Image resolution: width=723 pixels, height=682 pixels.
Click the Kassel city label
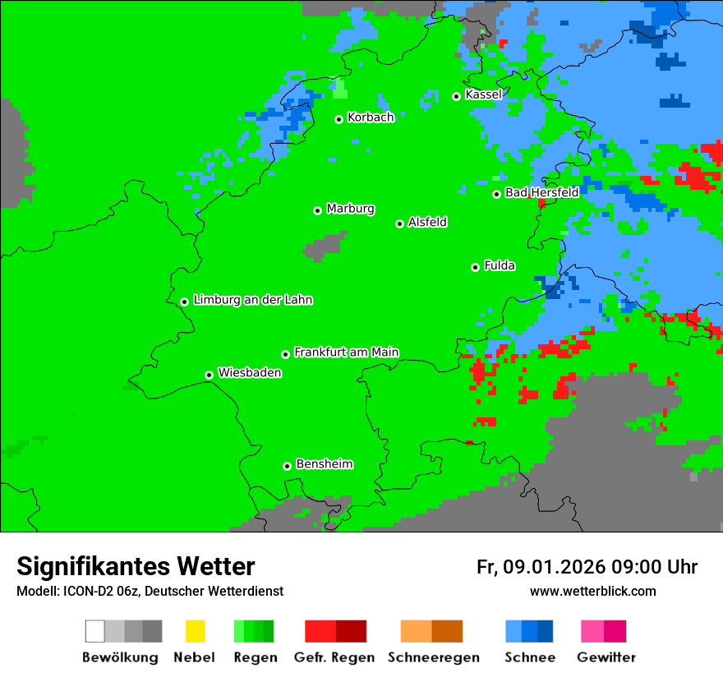483,94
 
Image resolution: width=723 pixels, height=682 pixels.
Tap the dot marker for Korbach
338,119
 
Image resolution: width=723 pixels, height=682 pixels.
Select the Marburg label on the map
350,209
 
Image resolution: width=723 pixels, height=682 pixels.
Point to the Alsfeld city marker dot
400,223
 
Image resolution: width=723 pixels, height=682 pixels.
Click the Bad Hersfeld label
541,192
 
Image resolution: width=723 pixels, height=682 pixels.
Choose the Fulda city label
500,265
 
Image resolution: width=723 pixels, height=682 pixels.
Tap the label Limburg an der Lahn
252,300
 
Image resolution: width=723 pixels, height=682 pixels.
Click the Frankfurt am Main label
346,353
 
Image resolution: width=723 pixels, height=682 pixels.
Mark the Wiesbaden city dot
210,375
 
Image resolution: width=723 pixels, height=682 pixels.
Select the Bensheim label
324,464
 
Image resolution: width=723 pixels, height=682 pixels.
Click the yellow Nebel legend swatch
195,631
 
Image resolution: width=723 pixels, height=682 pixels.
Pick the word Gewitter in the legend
606,657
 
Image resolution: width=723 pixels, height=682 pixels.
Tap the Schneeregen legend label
434,657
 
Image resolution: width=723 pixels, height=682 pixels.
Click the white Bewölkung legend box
95,631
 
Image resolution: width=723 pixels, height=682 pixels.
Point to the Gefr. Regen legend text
334,657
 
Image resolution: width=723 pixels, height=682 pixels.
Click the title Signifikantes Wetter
136,566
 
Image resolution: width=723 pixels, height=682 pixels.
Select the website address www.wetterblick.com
592,591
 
